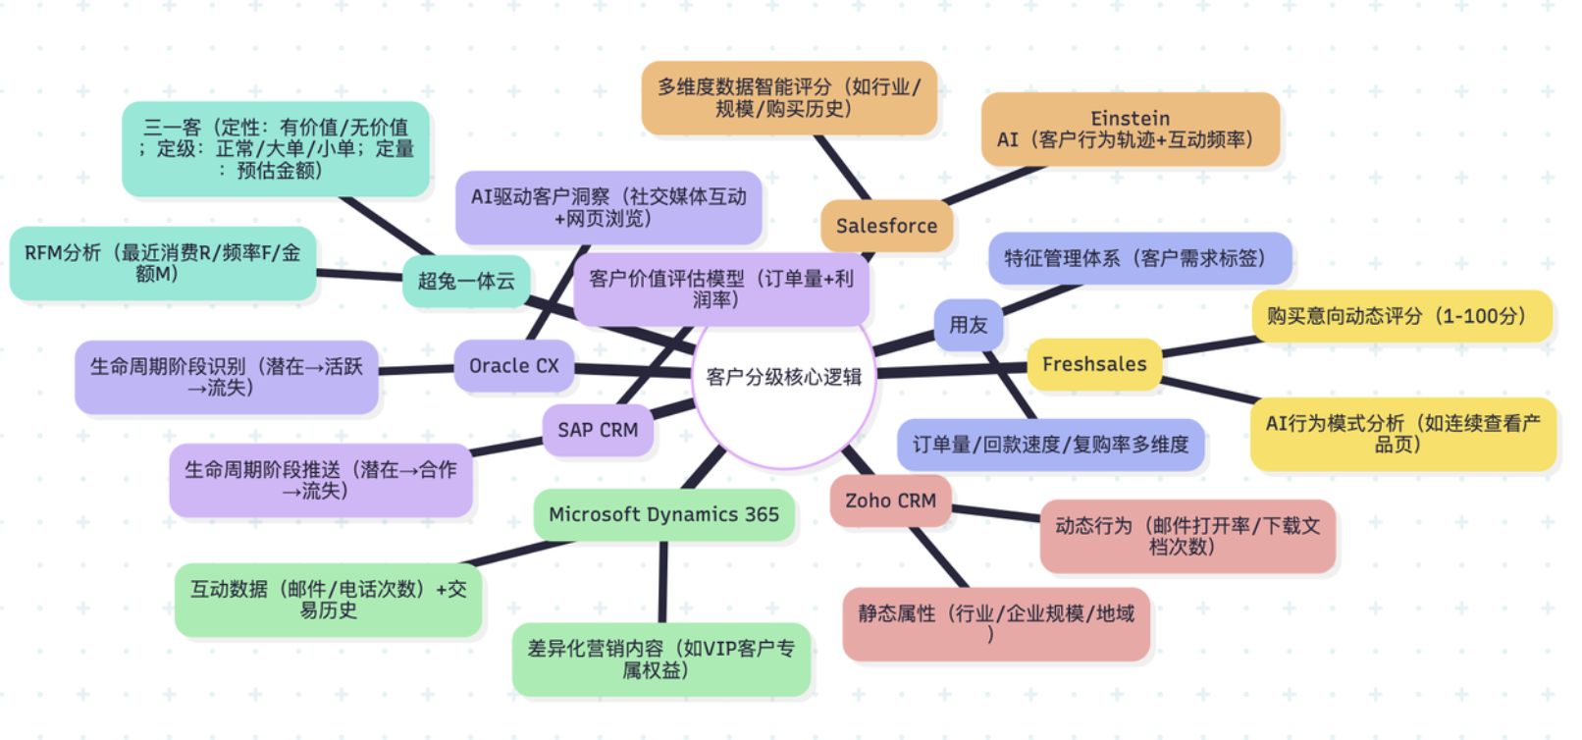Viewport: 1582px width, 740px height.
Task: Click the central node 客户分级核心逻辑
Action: (x=783, y=378)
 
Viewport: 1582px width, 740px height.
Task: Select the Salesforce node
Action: (x=886, y=226)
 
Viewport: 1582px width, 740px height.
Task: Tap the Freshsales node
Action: (x=1093, y=364)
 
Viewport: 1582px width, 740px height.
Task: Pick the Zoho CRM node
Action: (x=890, y=501)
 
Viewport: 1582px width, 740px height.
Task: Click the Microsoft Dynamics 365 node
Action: (x=663, y=514)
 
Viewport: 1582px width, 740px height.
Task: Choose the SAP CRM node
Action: (x=597, y=430)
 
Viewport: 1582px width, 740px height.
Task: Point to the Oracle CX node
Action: (x=513, y=366)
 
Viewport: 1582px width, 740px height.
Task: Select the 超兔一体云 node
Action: (x=466, y=281)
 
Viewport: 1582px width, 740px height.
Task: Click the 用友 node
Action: (x=968, y=325)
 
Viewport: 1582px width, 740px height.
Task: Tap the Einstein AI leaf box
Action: (x=1130, y=130)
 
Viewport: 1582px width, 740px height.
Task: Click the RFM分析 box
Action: (x=162, y=263)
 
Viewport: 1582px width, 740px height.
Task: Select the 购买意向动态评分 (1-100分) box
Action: (x=1400, y=316)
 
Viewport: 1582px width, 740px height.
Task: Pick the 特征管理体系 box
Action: (x=1138, y=258)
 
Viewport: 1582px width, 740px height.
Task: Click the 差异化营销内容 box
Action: (x=660, y=659)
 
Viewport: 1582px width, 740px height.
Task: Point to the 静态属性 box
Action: (x=995, y=623)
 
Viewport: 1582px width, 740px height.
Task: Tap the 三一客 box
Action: (x=275, y=148)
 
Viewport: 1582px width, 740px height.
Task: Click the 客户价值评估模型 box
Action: (x=720, y=289)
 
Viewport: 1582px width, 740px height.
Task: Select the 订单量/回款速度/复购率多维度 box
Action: (x=1050, y=445)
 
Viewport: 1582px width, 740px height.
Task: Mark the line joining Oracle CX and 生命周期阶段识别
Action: (x=416, y=369)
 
